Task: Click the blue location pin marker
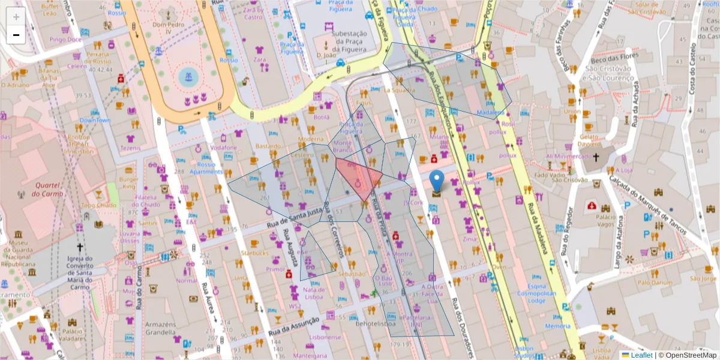point(437,181)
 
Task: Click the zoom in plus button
point(16,17)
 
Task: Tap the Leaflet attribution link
point(641,355)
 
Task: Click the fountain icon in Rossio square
point(187,76)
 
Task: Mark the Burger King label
point(128,183)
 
